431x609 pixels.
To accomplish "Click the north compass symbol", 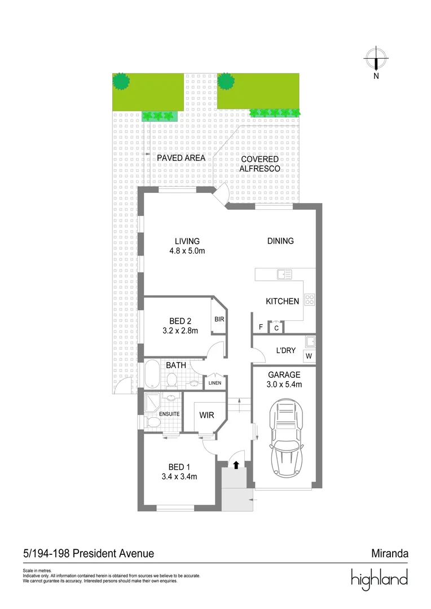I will click(x=376, y=58).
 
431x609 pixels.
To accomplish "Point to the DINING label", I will click(x=280, y=241).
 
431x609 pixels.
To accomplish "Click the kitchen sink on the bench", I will click(x=284, y=275).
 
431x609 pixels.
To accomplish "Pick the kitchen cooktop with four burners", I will click(x=309, y=299).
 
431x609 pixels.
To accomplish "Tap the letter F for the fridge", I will click(x=261, y=327).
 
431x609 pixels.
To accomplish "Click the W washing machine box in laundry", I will click(x=309, y=356).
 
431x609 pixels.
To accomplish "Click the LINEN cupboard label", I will click(x=215, y=383).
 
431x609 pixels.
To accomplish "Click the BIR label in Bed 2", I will click(x=219, y=319).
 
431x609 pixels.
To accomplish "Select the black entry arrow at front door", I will click(x=236, y=465).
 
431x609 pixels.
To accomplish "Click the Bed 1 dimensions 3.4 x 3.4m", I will click(x=179, y=476).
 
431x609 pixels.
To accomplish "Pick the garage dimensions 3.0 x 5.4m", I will click(x=284, y=385).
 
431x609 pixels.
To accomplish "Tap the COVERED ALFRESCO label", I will click(x=260, y=164).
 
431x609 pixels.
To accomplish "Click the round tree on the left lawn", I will click(x=121, y=81).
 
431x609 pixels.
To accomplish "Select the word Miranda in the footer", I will click(x=389, y=554).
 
